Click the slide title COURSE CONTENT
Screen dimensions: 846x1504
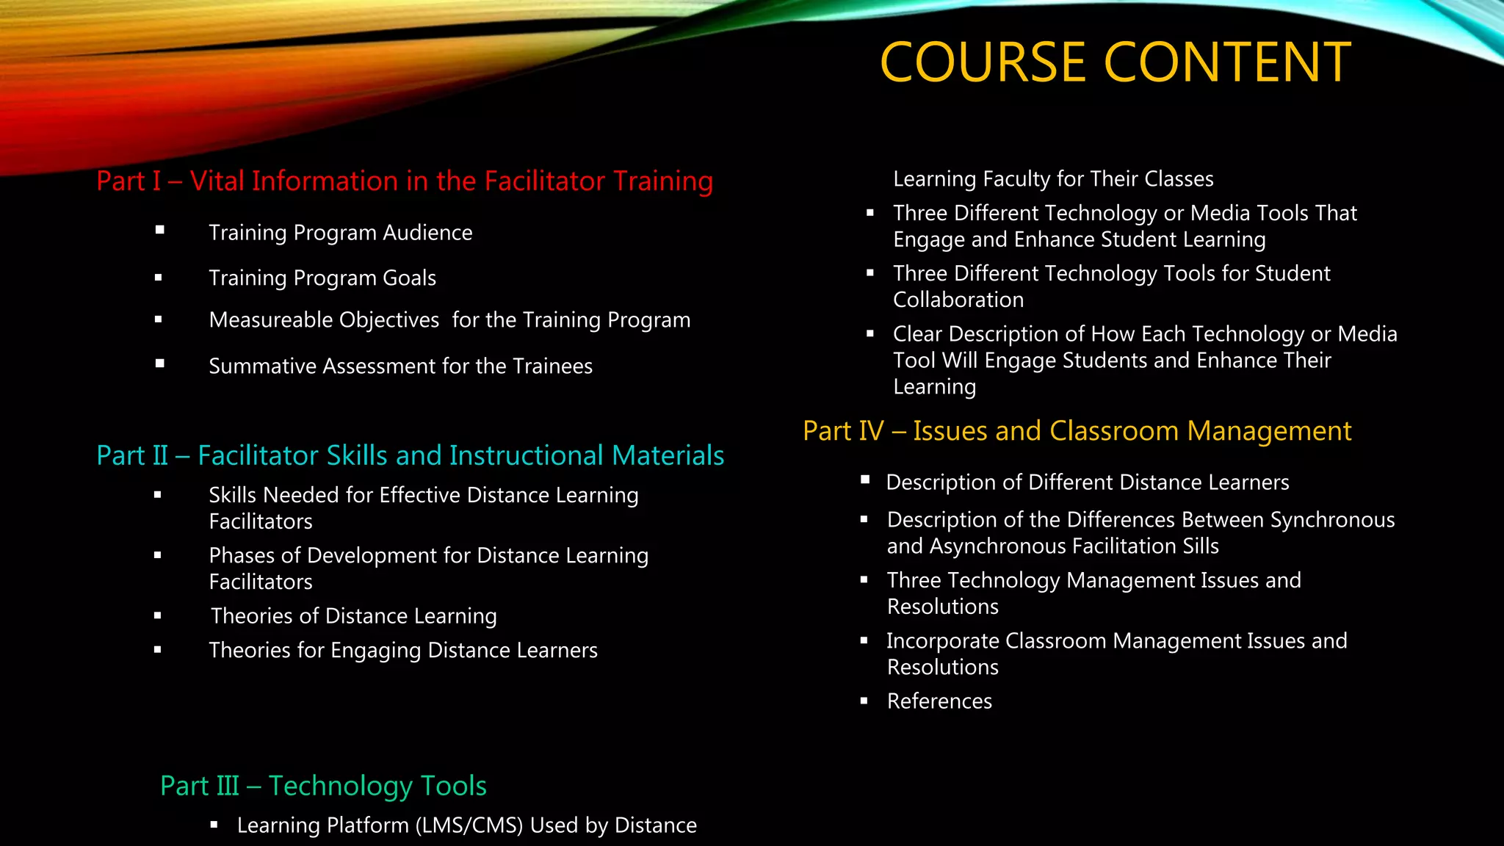1115,62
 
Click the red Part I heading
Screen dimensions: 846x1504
405,181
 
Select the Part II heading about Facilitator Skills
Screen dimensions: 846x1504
410,455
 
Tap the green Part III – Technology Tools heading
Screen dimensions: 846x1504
323,786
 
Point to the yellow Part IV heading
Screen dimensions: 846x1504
1077,431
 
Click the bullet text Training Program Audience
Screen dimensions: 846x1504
340,233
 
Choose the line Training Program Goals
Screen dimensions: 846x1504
322,278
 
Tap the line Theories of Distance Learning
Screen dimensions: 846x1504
353,616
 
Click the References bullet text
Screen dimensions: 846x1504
939,701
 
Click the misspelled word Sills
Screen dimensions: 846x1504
1200,546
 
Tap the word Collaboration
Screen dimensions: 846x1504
958,300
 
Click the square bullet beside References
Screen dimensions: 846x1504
864,701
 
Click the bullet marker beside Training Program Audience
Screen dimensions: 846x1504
159,231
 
